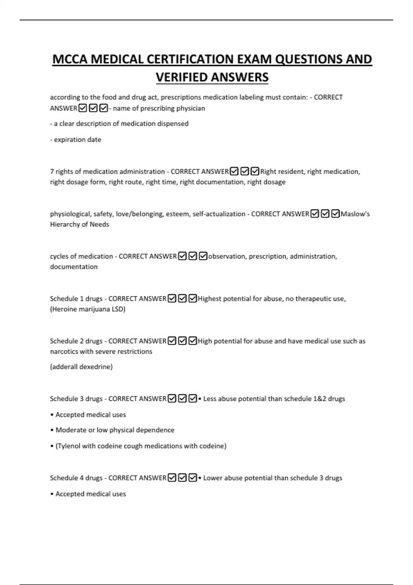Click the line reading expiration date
coord(76,140)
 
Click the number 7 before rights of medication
coord(52,171)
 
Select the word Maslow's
coord(355,214)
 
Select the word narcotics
coord(64,351)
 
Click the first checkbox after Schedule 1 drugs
coord(172,298)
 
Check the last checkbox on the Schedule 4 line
coord(193,478)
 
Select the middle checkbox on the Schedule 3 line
coord(182,398)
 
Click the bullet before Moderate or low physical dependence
coord(52,430)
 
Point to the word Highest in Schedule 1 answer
coord(210,299)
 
